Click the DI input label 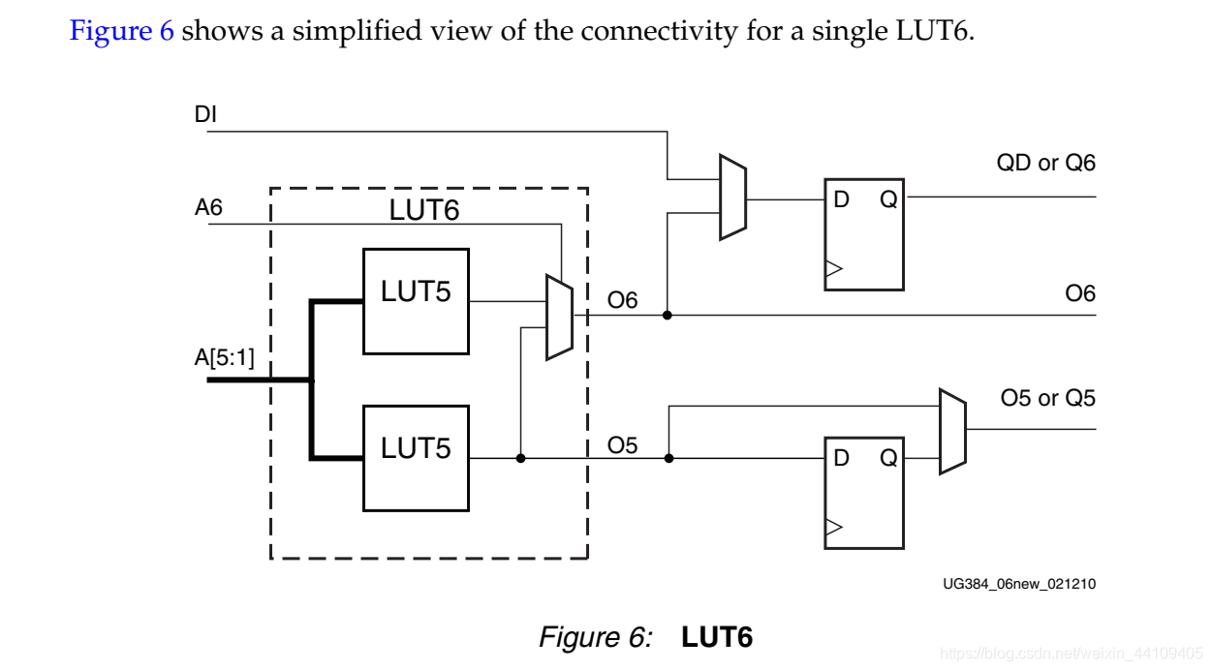tap(205, 115)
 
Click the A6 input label tap(208, 207)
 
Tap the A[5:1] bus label tap(224, 358)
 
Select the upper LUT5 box tap(416, 300)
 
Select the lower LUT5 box tap(416, 458)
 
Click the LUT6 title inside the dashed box tap(423, 210)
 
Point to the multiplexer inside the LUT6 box tap(559, 318)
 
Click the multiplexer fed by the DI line tap(732, 197)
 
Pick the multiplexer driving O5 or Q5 tap(952, 432)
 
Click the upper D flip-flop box tap(863, 233)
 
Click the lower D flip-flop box tap(863, 492)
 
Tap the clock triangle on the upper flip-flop tap(833, 269)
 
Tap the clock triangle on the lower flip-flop tap(833, 528)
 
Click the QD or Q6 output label tap(1045, 163)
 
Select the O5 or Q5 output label tap(1047, 398)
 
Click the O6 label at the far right tap(1079, 293)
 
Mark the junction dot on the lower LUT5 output tap(521, 458)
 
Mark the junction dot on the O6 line tap(668, 315)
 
